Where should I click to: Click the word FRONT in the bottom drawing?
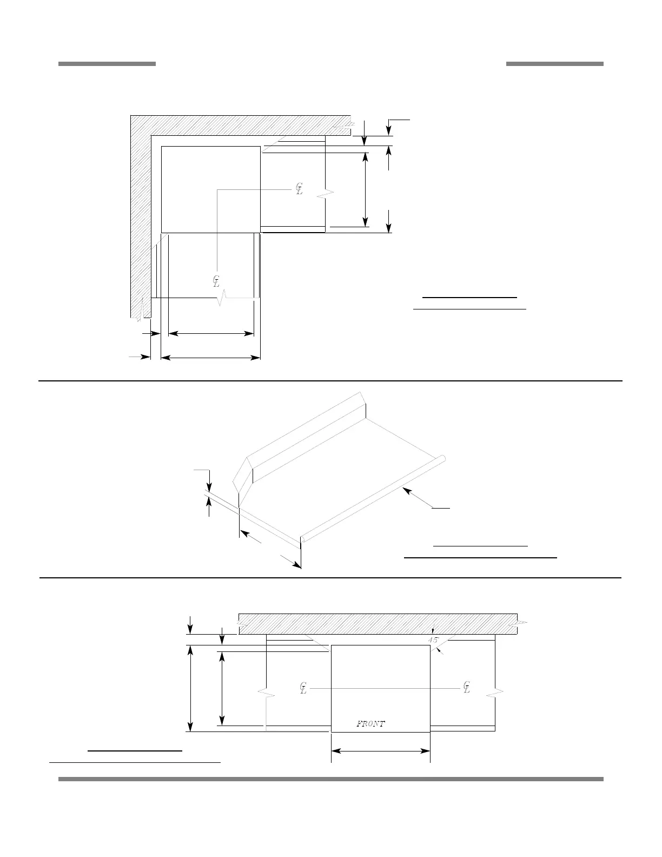370,723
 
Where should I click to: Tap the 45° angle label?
433,640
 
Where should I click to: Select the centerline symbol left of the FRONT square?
303,688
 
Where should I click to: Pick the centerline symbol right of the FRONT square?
466,687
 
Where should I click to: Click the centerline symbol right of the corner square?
299,189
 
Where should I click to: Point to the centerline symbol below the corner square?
216,281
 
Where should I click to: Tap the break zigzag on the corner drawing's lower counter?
220,299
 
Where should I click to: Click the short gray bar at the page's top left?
107,64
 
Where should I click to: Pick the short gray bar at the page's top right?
554,64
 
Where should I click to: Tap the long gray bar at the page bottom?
330,779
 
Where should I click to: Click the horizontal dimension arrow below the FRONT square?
380,750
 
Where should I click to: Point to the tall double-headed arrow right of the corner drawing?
366,189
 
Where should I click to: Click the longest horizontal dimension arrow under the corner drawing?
211,357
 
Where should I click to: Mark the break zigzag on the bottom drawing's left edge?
266,693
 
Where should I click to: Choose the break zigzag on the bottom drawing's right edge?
496,693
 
